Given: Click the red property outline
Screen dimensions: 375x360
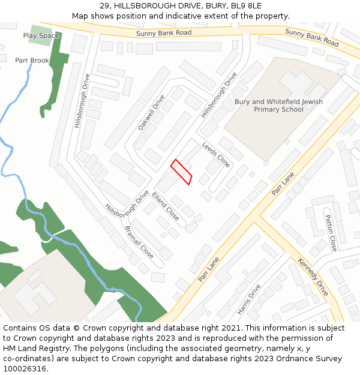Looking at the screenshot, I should coord(181,172).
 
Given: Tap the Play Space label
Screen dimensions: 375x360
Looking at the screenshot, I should coord(41,36).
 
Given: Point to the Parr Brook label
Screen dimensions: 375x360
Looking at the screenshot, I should coord(32,61).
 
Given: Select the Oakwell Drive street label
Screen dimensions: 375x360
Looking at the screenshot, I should coord(151,113).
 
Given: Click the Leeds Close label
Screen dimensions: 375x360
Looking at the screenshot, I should coord(216,155).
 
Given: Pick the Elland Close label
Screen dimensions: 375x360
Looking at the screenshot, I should coord(166,206).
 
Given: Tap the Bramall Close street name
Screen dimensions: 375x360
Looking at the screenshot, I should coord(139,242).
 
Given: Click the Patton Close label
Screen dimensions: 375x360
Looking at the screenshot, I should coord(331,233).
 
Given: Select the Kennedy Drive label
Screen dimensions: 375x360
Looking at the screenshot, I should coord(313,277).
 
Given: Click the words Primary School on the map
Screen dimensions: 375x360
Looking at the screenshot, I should coord(278,110).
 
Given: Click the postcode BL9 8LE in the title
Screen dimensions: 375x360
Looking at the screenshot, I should coord(246,6).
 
